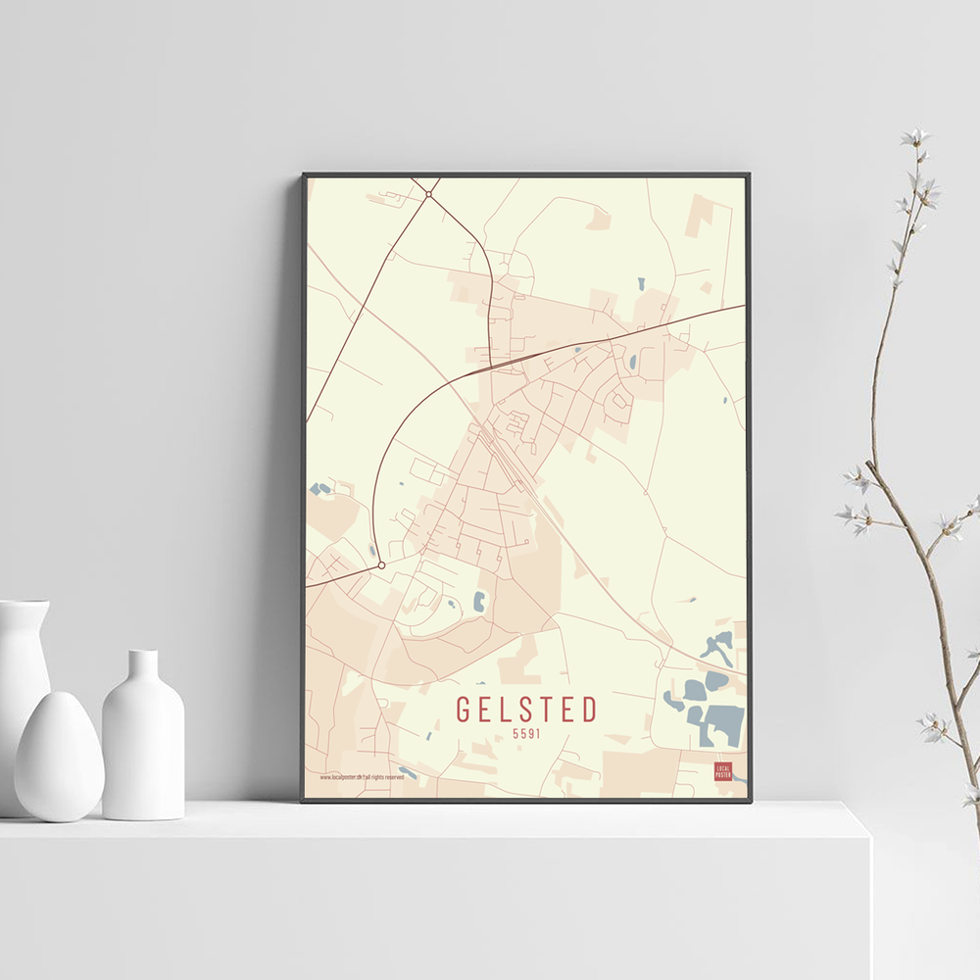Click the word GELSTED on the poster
click(526, 709)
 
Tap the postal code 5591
click(526, 733)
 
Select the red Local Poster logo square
click(723, 771)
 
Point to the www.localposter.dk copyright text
click(362, 777)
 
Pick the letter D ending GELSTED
click(589, 709)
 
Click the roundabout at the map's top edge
click(428, 194)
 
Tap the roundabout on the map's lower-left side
click(381, 565)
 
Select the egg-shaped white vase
click(59, 756)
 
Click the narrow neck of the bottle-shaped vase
click(143, 666)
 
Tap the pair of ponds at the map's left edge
click(319, 488)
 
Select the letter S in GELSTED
click(526, 709)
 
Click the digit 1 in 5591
click(538, 733)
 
